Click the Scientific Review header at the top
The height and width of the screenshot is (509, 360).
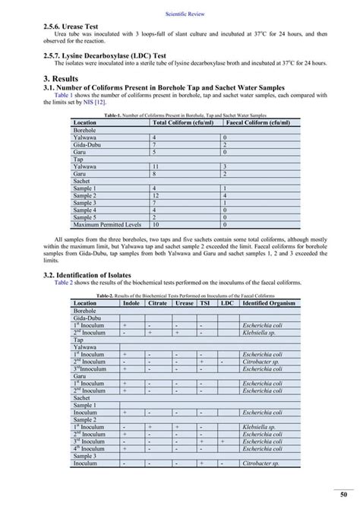(179, 13)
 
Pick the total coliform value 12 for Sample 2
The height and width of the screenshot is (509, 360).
(156, 195)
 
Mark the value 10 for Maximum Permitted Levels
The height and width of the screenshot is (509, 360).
(156, 225)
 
